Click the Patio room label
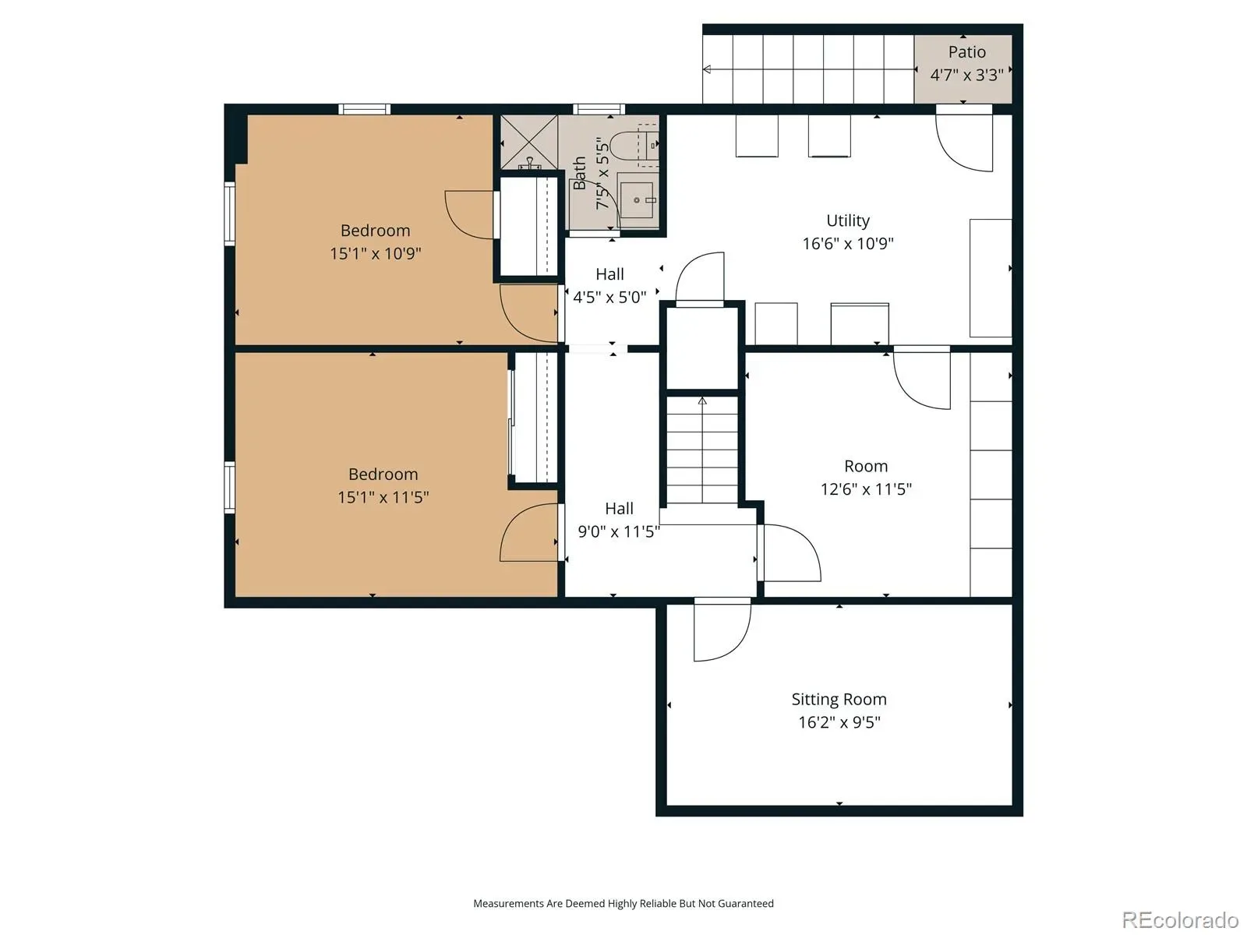[966, 52]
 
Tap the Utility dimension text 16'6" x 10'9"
[848, 244]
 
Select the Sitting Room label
[839, 700]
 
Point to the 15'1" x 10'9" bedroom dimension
[376, 253]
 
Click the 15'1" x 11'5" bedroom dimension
[383, 497]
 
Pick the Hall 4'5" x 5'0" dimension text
[609, 298]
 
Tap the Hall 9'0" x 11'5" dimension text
[619, 531]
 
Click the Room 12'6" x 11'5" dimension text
[866, 489]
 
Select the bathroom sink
[636, 199]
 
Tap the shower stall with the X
[529, 142]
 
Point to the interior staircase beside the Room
[702, 449]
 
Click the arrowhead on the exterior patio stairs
[707, 69]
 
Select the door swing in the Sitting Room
[722, 630]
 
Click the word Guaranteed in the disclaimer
[745, 903]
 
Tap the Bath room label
[579, 173]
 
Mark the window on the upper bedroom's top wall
[364, 109]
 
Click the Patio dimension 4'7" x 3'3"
[966, 75]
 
